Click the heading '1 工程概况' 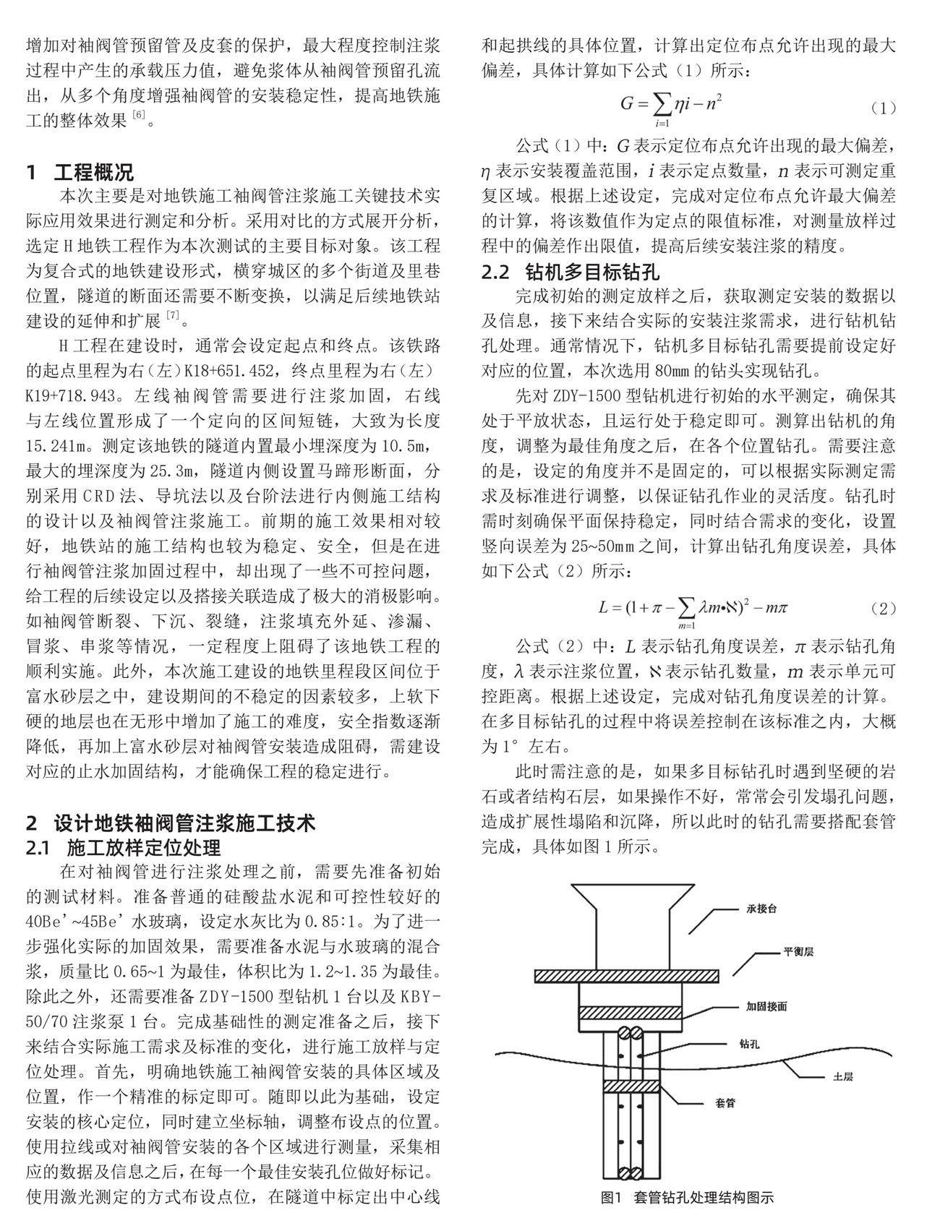pos(80,173)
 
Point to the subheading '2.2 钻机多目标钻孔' pos(571,273)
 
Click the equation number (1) pos(883,108)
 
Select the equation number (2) pos(883,608)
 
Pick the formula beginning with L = pos(692,608)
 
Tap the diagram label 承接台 pos(761,909)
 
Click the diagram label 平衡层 pos(799,951)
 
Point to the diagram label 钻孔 pos(749,1044)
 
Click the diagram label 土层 pos(843,1076)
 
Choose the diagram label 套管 pos(725,1103)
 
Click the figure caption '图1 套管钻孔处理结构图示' pos(687,1198)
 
